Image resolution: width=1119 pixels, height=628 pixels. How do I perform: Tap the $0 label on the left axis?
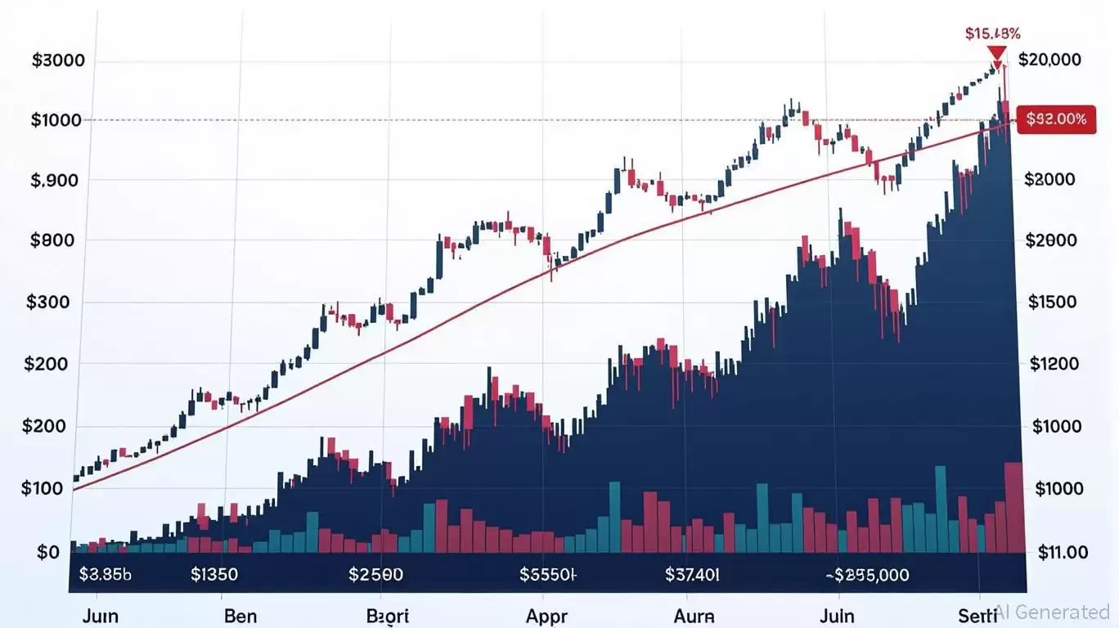(x=48, y=552)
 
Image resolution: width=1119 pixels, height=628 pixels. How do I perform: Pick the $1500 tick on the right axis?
(x=1052, y=302)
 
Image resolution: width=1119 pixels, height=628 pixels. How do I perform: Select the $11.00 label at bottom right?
(x=1062, y=552)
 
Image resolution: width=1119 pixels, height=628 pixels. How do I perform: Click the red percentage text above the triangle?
(x=992, y=34)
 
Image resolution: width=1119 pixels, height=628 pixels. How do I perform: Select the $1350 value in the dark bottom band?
(x=214, y=574)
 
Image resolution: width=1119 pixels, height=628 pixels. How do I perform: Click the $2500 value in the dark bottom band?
(x=375, y=574)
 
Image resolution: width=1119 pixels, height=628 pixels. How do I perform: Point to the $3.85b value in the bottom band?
(x=105, y=574)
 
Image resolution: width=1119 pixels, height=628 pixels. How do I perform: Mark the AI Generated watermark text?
(x=1054, y=612)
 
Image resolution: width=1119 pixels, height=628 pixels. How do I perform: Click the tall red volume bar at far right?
(x=1013, y=507)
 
